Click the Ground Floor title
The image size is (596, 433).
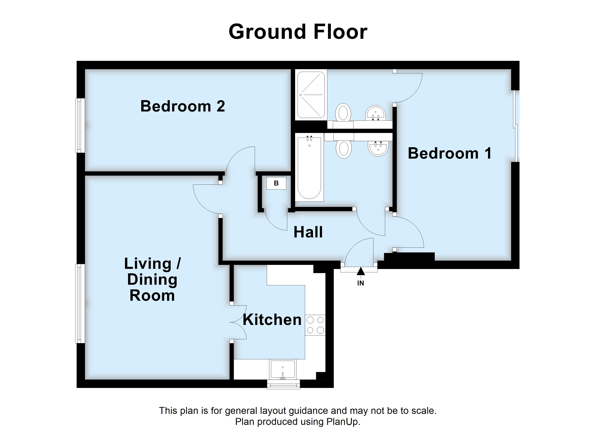(x=298, y=32)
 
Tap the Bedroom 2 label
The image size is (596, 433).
(x=183, y=106)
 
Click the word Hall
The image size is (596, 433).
(x=308, y=232)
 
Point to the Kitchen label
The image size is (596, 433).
(x=272, y=320)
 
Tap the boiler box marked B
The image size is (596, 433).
(x=276, y=183)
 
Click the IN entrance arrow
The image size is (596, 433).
(x=361, y=271)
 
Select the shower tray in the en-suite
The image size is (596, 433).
(x=311, y=95)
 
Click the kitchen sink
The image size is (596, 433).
(x=283, y=369)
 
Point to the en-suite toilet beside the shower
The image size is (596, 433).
(x=343, y=113)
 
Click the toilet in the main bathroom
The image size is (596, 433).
(x=344, y=149)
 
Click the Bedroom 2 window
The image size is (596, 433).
(x=80, y=126)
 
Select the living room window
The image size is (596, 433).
(x=80, y=303)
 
